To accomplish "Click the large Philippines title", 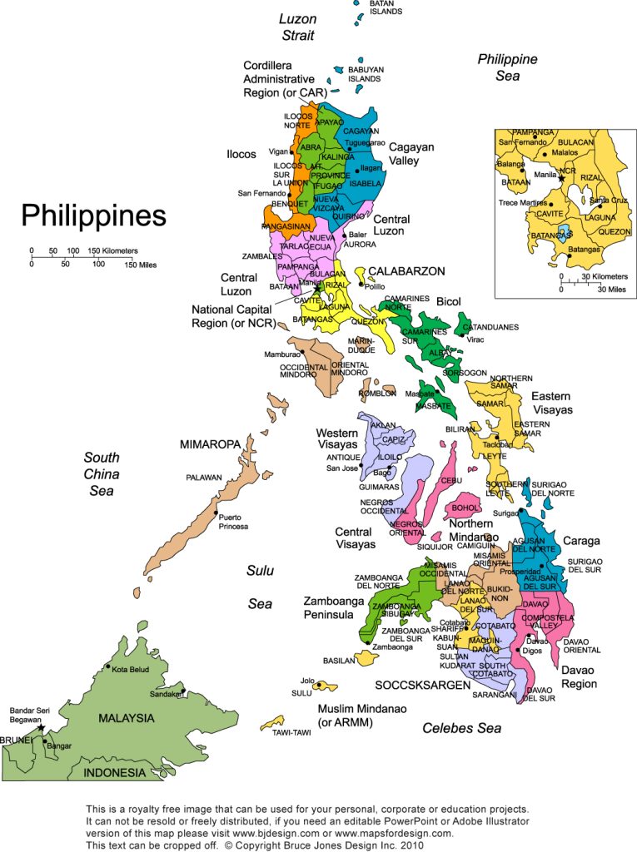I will coord(93,215).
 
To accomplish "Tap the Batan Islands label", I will coord(386,7).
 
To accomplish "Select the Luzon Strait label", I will coord(296,27).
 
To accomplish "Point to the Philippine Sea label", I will coord(507,67).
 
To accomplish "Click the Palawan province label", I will coord(204,478).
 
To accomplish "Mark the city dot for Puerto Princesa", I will coord(216,513).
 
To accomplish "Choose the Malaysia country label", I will coord(127,718).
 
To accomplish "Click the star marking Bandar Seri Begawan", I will coord(41,727).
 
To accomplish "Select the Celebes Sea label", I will coord(461,729).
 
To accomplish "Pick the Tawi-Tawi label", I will coord(291,733).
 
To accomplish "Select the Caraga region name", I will coord(580,541).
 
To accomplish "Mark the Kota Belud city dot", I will coord(107,667).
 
